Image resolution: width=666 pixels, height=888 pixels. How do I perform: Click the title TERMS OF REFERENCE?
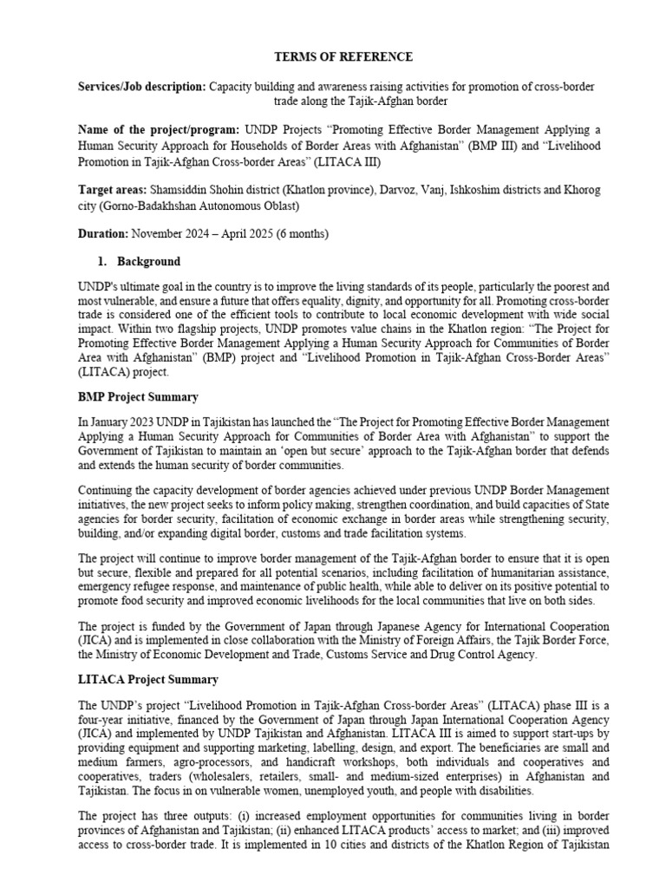pyautogui.click(x=332, y=57)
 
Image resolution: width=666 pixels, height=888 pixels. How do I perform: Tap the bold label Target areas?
pyautogui.click(x=112, y=189)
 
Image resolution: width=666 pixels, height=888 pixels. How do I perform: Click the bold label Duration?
pyautogui.click(x=102, y=234)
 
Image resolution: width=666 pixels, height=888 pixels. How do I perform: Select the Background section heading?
pyautogui.click(x=151, y=262)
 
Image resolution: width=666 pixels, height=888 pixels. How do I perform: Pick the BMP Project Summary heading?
pyautogui.click(x=138, y=397)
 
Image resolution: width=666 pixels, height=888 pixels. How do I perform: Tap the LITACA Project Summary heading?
pyautogui.click(x=147, y=679)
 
